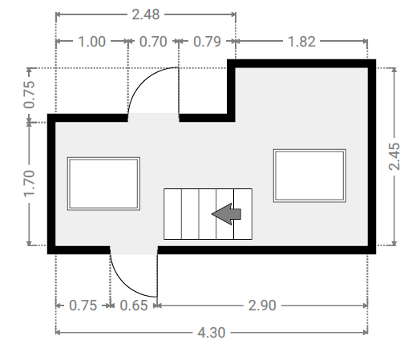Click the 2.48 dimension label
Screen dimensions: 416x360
coord(146,14)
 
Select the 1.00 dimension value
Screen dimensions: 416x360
coord(91,42)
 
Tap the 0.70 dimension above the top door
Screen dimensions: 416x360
coord(153,42)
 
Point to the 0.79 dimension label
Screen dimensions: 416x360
coord(207,42)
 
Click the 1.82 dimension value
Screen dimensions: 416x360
coord(301,42)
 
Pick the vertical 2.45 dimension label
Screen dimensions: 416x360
coord(394,156)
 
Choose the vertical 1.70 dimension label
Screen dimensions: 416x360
coord(30,184)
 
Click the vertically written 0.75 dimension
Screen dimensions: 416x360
coord(30,95)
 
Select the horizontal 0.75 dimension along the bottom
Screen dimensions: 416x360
coord(83,305)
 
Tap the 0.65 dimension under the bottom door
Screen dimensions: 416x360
coord(134,305)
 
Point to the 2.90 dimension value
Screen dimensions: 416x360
coord(262,305)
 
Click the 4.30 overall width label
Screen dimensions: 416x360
coord(212,333)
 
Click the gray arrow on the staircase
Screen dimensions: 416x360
coord(227,214)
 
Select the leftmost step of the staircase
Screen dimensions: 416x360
coord(172,214)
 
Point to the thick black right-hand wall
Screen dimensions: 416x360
coord(372,156)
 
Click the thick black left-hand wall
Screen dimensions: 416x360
coord(51,184)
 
